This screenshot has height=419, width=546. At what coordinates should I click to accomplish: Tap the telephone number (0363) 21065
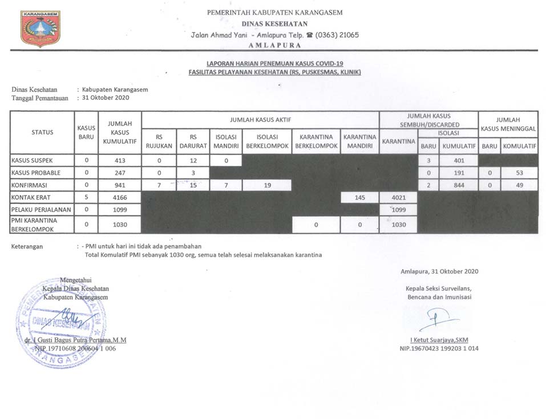[x=337, y=35]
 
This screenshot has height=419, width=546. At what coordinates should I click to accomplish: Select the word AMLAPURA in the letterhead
[x=275, y=45]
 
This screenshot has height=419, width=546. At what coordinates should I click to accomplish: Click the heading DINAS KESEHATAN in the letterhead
[x=275, y=24]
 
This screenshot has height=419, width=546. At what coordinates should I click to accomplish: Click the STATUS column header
[x=42, y=132]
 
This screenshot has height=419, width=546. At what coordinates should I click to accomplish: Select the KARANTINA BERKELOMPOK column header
[x=316, y=141]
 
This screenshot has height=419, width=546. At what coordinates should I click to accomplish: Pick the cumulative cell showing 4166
[x=119, y=197]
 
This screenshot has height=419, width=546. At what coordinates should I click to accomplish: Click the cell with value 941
[x=119, y=185]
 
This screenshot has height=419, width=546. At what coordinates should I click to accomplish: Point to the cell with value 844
[x=459, y=185]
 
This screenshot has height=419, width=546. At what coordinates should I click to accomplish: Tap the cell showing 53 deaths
[x=519, y=172]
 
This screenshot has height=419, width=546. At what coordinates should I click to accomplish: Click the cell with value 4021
[x=398, y=197]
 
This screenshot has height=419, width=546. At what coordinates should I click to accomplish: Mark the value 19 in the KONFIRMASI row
[x=266, y=185]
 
